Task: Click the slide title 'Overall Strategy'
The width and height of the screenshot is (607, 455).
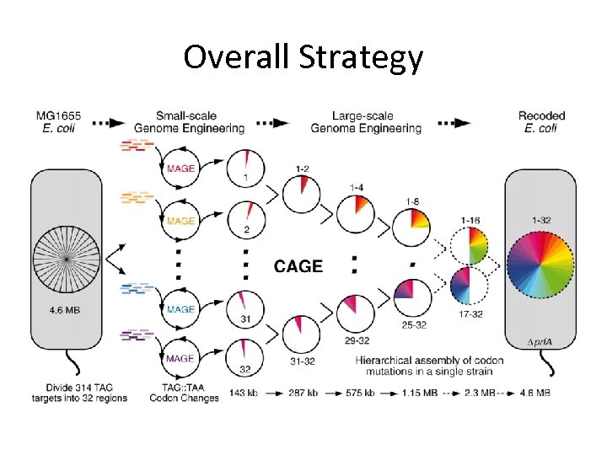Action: (303, 57)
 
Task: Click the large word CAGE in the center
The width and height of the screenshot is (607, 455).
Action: (298, 266)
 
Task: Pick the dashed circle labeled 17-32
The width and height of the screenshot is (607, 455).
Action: (470, 287)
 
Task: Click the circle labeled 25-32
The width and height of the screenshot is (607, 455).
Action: (412, 298)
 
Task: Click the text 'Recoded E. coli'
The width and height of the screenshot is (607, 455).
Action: (541, 121)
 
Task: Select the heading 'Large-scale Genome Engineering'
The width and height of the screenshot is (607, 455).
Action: (366, 121)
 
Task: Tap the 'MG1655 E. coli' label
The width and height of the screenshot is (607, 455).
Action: (59, 121)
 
